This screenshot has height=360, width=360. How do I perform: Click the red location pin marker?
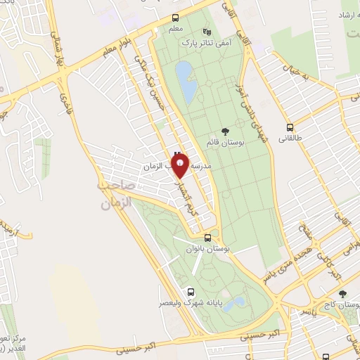[181, 164]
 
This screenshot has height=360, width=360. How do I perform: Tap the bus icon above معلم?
[176, 19]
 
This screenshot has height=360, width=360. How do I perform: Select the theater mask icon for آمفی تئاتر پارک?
[206, 32]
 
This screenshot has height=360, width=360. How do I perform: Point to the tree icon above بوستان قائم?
[224, 131]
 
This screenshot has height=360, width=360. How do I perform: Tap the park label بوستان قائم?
[224, 142]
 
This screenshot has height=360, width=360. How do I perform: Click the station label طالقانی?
[290, 139]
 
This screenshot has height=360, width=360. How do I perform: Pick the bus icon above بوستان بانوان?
[207, 238]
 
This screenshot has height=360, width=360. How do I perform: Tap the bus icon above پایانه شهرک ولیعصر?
[191, 291]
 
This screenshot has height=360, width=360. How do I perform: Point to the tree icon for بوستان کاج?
[342, 295]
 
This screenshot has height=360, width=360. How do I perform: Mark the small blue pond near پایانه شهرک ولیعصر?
[236, 302]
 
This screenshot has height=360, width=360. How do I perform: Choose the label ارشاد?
[346, 14]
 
